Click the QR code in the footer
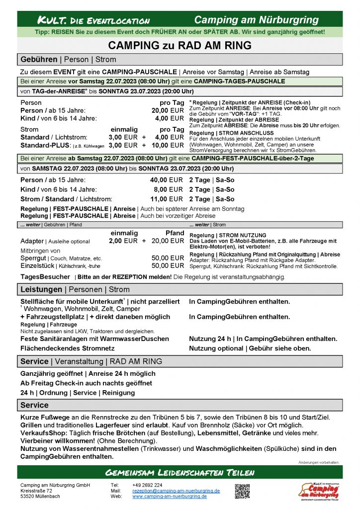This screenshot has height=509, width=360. pos(242,491)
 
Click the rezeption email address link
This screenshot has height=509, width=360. pos(176,491)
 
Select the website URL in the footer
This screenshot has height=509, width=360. pos(169,496)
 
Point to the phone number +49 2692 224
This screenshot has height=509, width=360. pos(147,485)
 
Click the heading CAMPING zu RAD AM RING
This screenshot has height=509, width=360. pos(180,46)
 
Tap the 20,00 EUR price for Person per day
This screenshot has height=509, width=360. pos(168,110)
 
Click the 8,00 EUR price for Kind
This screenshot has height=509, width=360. pos(169,189)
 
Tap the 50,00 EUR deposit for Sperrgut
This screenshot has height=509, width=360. pos(168,258)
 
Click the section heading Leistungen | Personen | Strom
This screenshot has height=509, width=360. pos(75,289)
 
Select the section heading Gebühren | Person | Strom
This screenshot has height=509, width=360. pos(68,59)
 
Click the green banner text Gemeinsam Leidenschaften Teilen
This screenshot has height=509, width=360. pos(180,472)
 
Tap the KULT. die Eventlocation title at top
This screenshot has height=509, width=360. pos(94,20)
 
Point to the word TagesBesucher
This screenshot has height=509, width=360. pos(45,277)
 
